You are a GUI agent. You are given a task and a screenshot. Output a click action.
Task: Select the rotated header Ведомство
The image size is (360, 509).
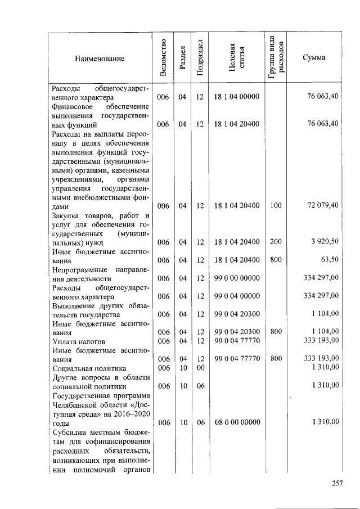click(163, 58)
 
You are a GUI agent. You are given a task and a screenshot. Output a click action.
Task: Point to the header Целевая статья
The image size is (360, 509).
click(236, 58)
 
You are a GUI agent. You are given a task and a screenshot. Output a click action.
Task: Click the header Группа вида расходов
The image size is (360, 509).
click(277, 57)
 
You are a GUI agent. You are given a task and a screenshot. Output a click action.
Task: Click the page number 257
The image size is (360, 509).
click(337, 483)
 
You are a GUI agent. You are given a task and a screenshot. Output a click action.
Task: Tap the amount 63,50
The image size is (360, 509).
click(329, 260)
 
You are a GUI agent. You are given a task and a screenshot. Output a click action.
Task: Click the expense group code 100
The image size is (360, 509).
click(276, 206)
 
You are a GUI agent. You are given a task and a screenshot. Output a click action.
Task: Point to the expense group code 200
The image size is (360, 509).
click(276, 242)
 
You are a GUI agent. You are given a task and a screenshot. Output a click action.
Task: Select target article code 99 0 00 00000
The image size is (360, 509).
click(237, 278)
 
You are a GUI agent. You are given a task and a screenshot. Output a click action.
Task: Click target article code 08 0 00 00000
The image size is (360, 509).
click(237, 422)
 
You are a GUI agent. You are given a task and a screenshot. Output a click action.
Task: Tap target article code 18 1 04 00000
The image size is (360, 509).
click(237, 97)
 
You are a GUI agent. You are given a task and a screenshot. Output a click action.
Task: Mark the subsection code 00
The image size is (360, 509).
click(200, 367)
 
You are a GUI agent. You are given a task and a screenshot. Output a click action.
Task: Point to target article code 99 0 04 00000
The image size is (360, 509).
click(237, 296)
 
